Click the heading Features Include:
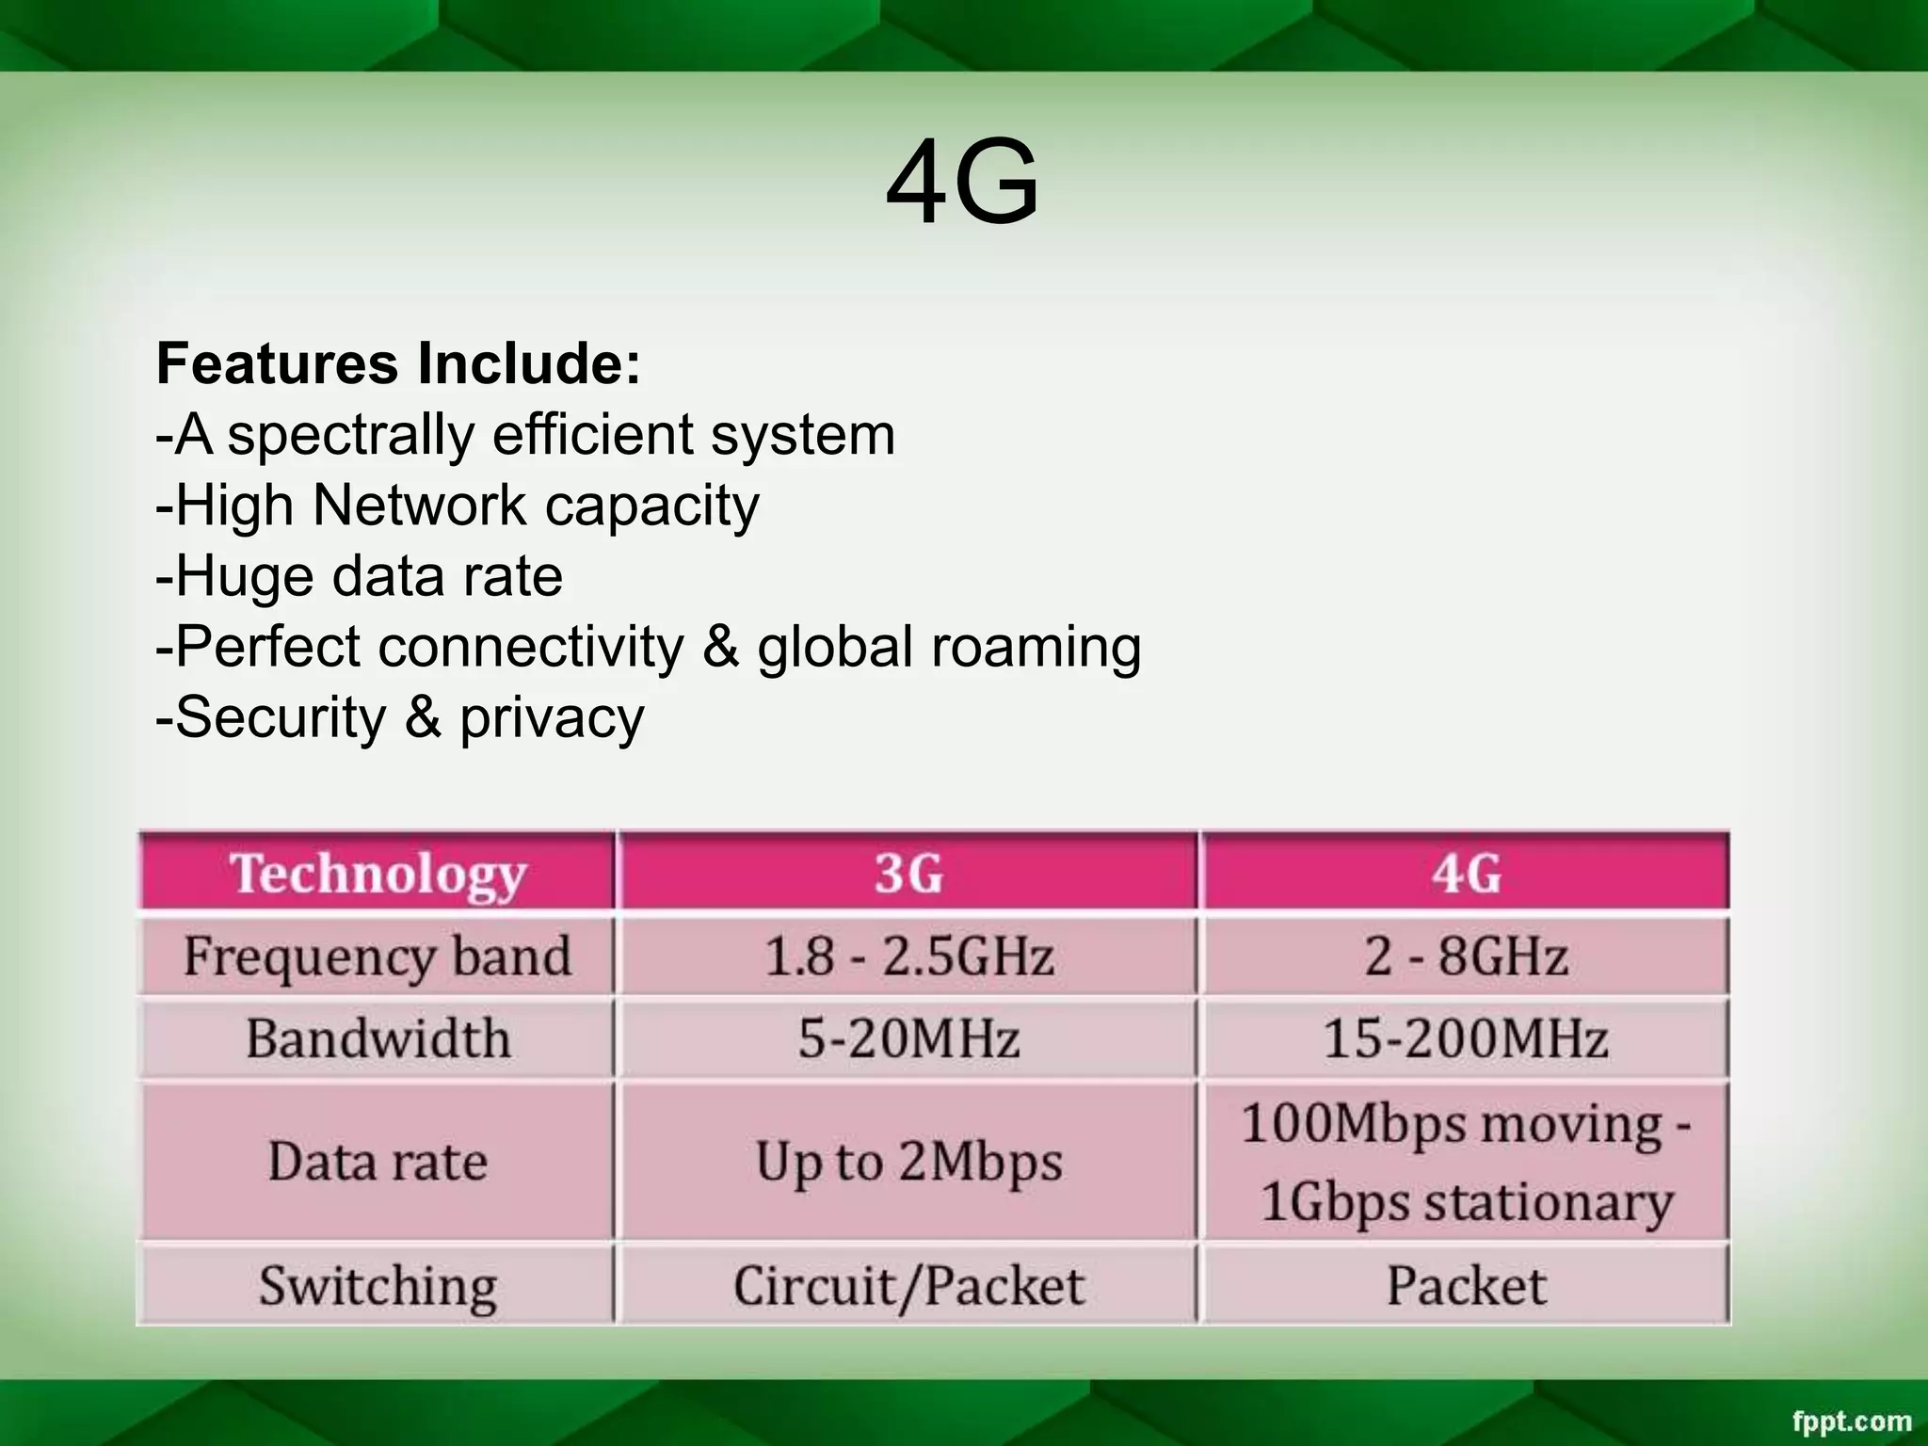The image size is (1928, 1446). pyautogui.click(x=398, y=363)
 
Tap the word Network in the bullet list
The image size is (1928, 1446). pyautogui.click(x=419, y=506)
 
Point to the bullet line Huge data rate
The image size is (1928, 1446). pyautogui.click(x=360, y=576)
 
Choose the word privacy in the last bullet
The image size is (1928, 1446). pyautogui.click(x=552, y=718)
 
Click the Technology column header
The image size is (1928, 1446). pyautogui.click(x=378, y=874)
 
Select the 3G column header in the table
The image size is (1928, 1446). pyautogui.click(x=908, y=874)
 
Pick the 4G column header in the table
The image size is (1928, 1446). pyautogui.click(x=1466, y=874)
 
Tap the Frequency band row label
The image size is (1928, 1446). pyautogui.click(x=378, y=956)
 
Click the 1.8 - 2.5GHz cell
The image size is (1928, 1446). pyautogui.click(x=908, y=956)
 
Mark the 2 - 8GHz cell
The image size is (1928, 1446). pyautogui.click(x=1466, y=956)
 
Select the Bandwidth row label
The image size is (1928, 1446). pyautogui.click(x=378, y=1038)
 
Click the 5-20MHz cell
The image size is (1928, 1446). pyautogui.click(x=908, y=1038)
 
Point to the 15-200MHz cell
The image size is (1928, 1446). pyautogui.click(x=1466, y=1038)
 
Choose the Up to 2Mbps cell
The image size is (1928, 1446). pyautogui.click(x=908, y=1161)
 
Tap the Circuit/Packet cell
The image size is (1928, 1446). pyautogui.click(x=908, y=1286)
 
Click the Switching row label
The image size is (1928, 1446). pyautogui.click(x=378, y=1286)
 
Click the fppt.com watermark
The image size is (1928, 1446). pyautogui.click(x=1852, y=1421)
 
